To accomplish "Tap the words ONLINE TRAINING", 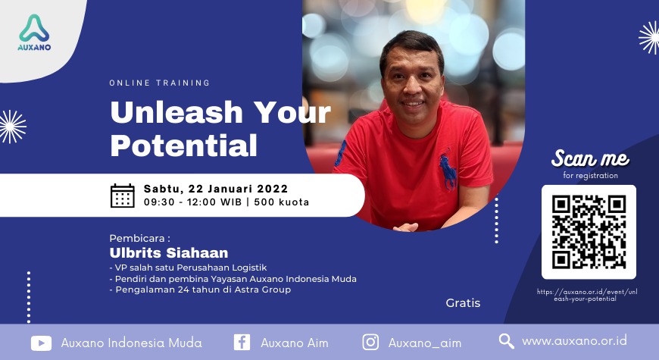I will (160, 83).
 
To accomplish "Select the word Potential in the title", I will (183, 144).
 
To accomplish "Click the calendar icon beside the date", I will (122, 196).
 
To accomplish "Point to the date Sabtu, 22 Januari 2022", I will (214, 189).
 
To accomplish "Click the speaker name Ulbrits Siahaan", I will (169, 252).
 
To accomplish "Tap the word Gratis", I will (463, 303).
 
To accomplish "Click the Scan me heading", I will (590, 158).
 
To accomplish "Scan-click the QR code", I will (589, 232).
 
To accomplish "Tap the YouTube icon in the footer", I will (41, 343).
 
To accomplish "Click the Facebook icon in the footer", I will (242, 343).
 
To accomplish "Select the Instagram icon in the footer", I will (370, 343).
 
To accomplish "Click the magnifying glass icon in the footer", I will (507, 341).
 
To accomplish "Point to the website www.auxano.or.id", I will (574, 341).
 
